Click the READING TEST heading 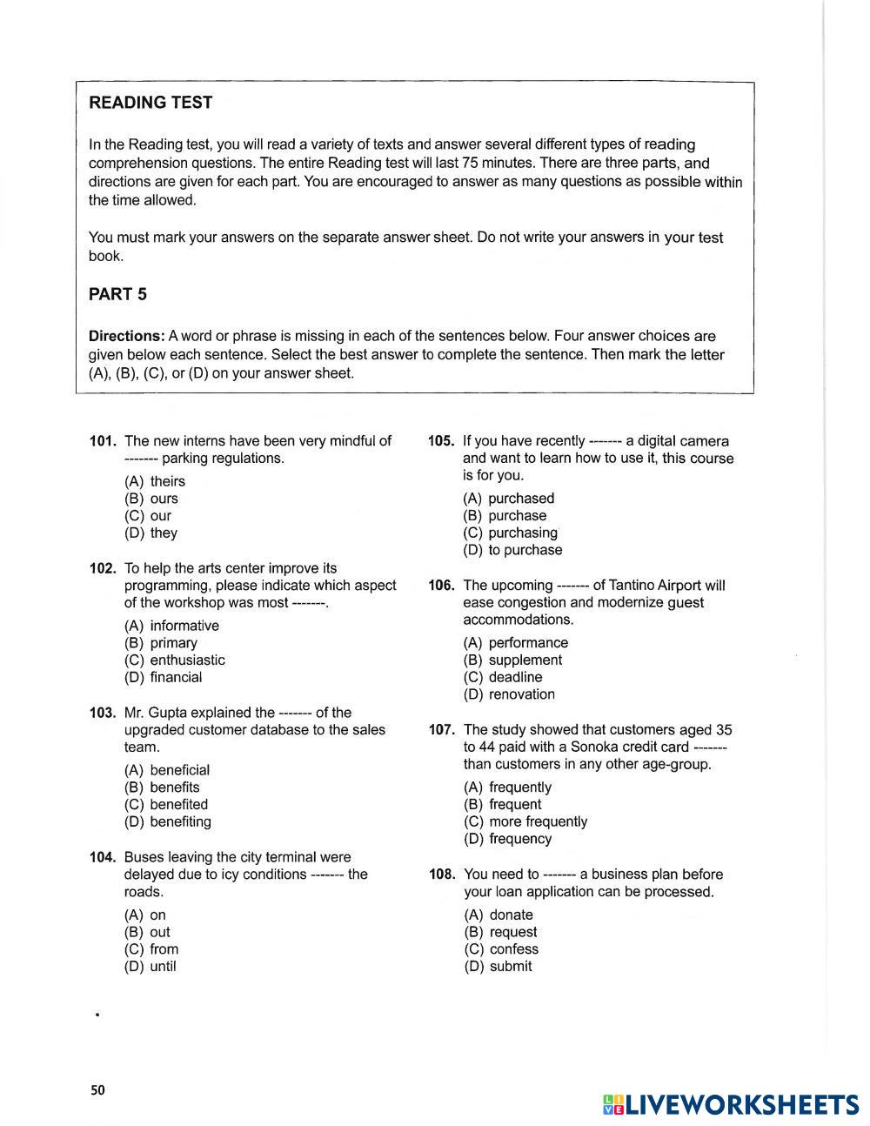point(151,103)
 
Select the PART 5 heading point(117,294)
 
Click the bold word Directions point(126,336)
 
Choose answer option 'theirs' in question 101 point(167,481)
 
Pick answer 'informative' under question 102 point(184,626)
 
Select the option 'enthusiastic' point(187,660)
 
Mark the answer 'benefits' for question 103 point(174,788)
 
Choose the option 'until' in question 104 point(163,967)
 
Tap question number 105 point(441,441)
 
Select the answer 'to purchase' point(525,550)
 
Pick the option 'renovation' point(521,694)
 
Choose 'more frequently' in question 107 point(538,821)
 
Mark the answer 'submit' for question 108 point(511,967)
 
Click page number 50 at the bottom point(97,1090)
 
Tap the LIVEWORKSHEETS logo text point(742,1104)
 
